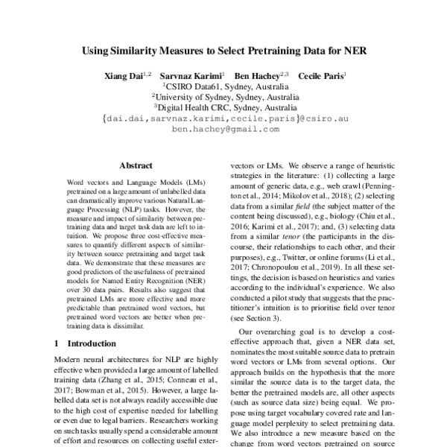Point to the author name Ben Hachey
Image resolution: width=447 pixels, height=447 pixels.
coord(256,76)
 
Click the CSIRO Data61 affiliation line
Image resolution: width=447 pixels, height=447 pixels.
coord(223,86)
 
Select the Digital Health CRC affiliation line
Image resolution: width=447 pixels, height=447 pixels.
coord(223,107)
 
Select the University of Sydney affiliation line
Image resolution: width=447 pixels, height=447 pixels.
coord(223,96)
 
